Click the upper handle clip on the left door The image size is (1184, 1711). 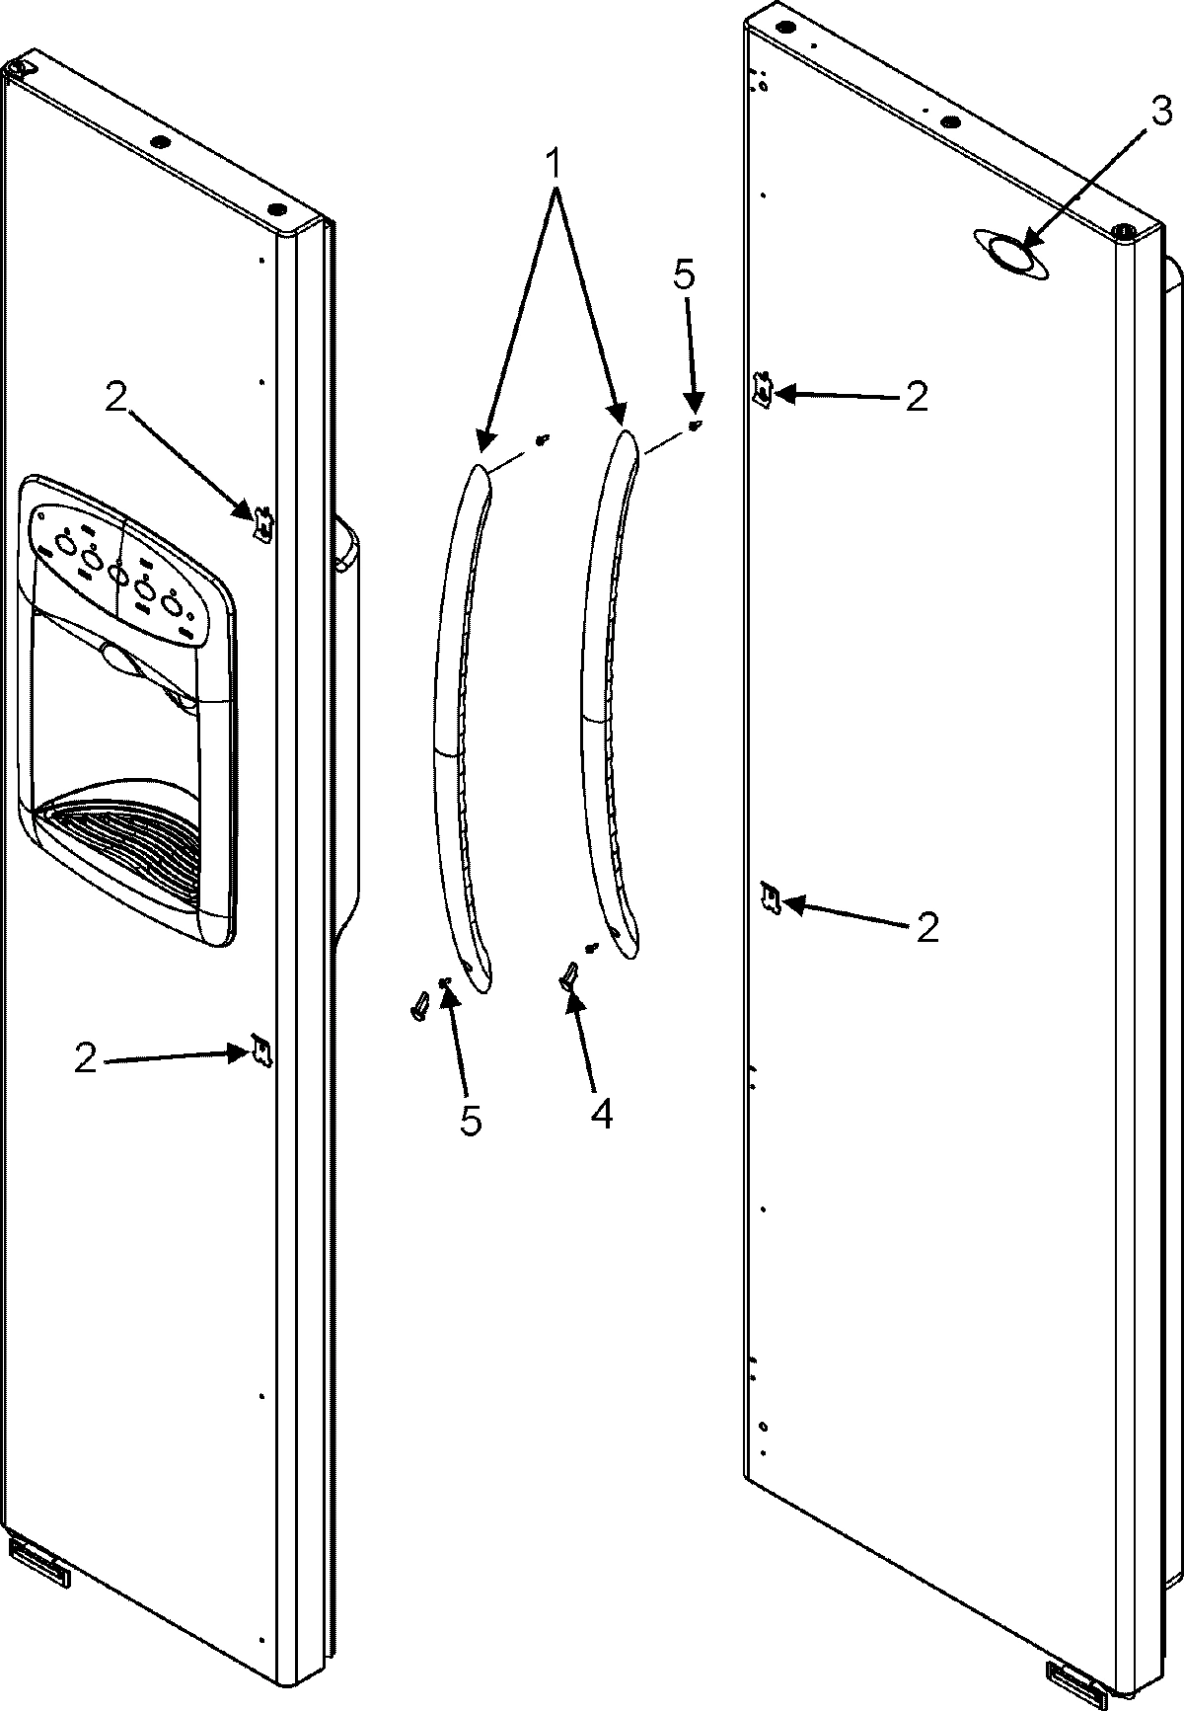click(262, 523)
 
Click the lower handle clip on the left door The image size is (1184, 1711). click(261, 1050)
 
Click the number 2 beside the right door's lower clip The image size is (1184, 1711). click(926, 927)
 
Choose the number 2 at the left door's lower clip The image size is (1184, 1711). click(87, 1059)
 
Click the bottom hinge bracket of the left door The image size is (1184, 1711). click(39, 1556)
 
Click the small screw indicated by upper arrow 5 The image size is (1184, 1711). click(696, 426)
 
